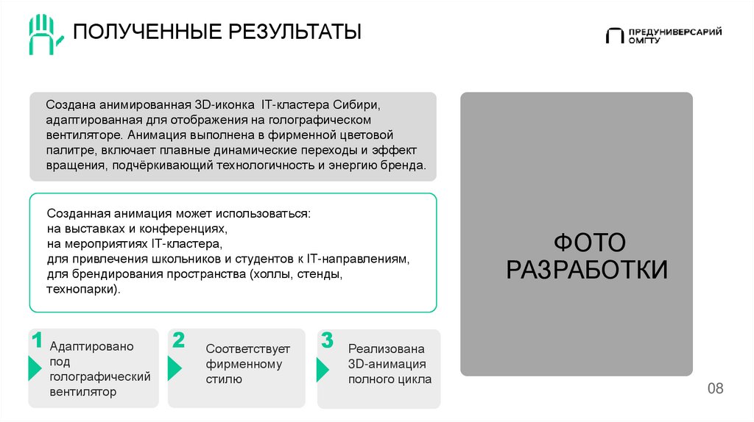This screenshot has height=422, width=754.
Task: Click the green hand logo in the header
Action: (x=46, y=34)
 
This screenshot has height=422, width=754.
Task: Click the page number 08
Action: (x=716, y=388)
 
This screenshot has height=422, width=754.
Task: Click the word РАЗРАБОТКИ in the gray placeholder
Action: (x=588, y=270)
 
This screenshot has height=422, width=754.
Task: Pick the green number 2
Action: (x=177, y=340)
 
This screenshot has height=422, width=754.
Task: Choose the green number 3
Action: (x=327, y=340)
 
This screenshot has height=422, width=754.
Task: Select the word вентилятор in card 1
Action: (x=83, y=392)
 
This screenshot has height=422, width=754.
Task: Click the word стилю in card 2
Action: (x=224, y=379)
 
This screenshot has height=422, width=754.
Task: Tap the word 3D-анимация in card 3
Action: (x=387, y=364)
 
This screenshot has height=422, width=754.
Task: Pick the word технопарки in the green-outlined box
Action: (x=82, y=290)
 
